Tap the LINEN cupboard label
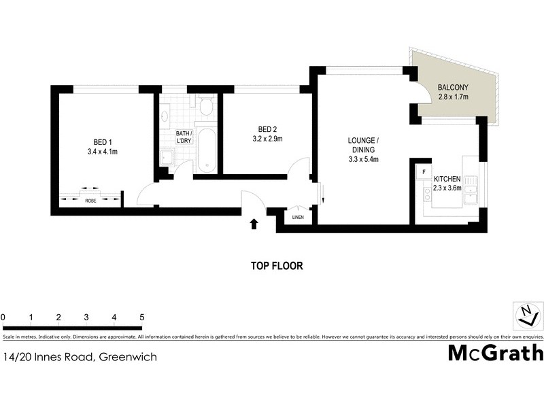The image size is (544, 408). [298, 218]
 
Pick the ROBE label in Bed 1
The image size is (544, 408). [90, 201]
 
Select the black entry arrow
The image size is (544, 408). [254, 224]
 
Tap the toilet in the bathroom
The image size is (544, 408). [206, 105]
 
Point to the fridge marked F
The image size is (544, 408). [423, 172]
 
